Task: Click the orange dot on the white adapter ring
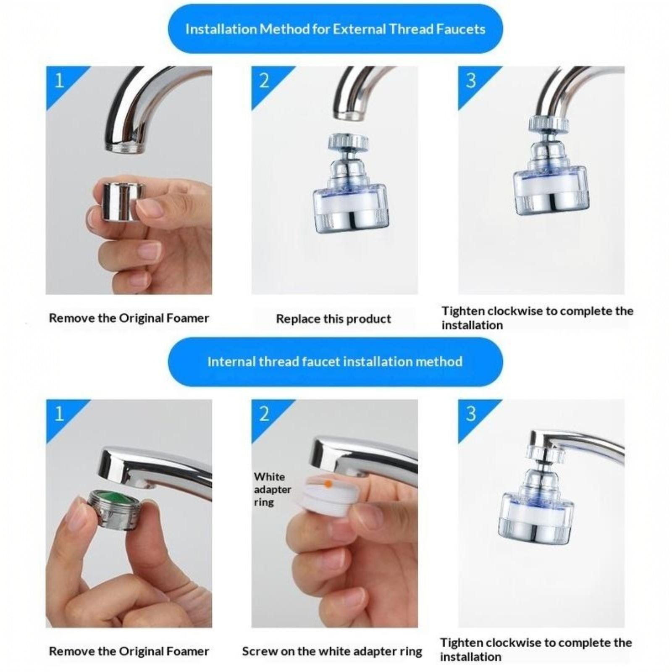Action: click(x=328, y=484)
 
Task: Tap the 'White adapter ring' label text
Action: click(x=273, y=489)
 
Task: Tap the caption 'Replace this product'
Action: click(x=333, y=319)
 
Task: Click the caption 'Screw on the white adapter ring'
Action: click(x=332, y=651)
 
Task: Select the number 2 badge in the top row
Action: click(x=264, y=81)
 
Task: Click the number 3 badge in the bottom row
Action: click(x=471, y=414)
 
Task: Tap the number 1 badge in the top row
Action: click(x=59, y=81)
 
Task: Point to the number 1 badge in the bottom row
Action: click(x=59, y=414)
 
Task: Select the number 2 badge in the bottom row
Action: click(x=264, y=414)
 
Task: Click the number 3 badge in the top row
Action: click(x=471, y=81)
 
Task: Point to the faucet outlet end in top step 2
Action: click(x=347, y=115)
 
